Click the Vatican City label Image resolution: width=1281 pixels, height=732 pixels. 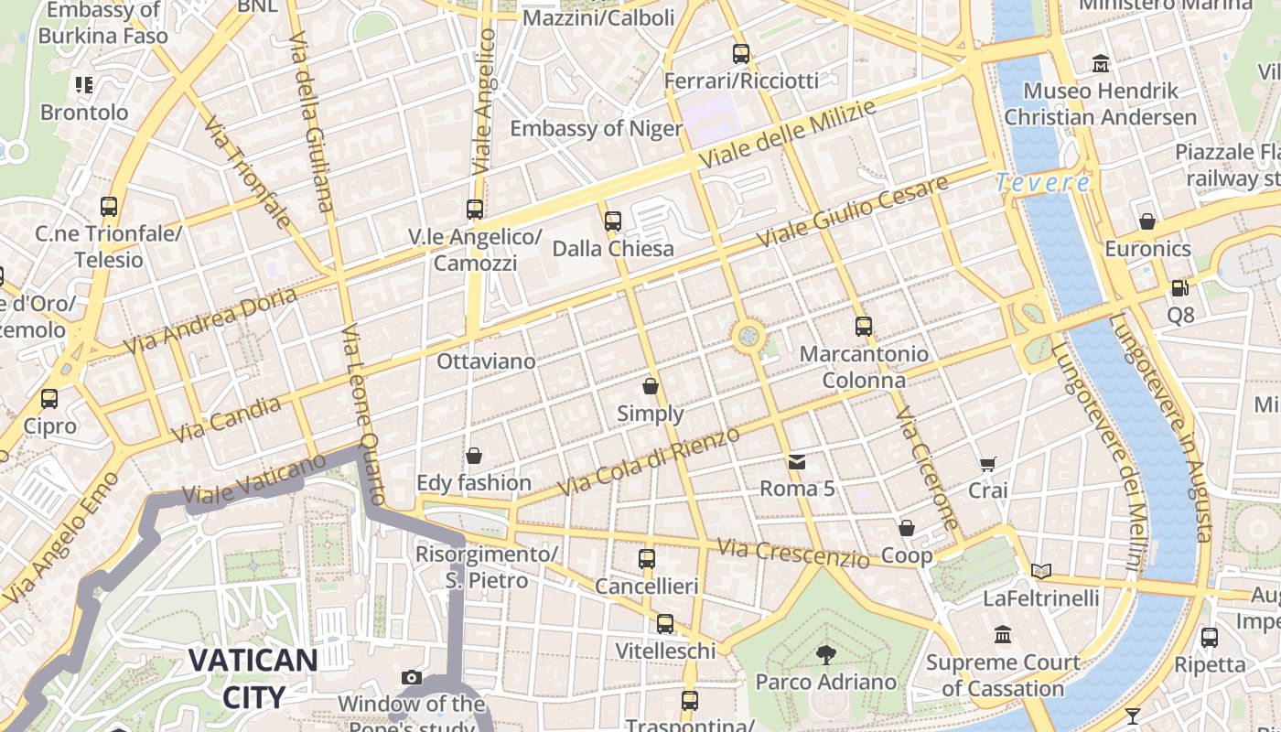click(253, 677)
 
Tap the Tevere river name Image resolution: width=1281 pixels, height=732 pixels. click(1043, 182)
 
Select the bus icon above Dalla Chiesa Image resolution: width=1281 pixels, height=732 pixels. click(613, 221)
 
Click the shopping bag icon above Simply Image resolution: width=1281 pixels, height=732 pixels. click(651, 386)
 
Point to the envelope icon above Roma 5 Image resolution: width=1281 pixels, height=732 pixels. click(797, 462)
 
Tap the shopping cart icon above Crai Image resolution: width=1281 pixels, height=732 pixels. click(987, 464)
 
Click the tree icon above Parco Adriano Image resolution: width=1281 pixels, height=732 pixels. click(825, 654)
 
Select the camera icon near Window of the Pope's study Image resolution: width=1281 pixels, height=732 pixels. click(412, 677)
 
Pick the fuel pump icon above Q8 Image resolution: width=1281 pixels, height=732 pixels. click(1180, 288)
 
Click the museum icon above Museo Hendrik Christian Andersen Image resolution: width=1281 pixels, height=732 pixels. click(1101, 64)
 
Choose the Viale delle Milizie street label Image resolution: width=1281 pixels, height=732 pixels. click(787, 134)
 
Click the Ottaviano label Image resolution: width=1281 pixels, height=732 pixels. click(486, 361)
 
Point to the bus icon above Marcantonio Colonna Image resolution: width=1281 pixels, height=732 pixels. click(863, 326)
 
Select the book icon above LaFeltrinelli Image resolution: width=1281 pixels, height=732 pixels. click(1041, 571)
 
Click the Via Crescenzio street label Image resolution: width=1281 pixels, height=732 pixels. click(792, 552)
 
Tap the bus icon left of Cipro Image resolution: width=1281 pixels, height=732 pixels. click(49, 399)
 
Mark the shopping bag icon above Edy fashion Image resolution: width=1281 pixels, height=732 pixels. click(474, 456)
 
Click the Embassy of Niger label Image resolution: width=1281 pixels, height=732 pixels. click(596, 128)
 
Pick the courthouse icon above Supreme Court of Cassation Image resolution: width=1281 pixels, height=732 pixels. click(1003, 634)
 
